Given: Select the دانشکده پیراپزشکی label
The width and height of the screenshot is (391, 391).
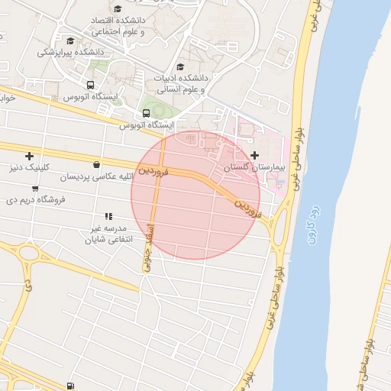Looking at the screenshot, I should (x=71, y=52).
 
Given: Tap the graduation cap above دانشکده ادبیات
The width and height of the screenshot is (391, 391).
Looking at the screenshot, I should (x=180, y=67).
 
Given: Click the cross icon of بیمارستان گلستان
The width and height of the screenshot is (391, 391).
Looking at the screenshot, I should (x=254, y=155).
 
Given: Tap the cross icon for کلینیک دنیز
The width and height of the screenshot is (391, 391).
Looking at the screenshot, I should (x=30, y=156).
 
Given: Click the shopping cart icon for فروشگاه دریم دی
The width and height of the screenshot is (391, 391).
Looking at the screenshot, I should (x=35, y=188).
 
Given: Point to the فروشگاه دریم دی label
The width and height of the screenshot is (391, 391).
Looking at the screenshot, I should (x=36, y=199).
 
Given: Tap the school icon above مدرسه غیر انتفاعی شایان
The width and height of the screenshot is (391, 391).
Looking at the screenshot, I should (x=108, y=216).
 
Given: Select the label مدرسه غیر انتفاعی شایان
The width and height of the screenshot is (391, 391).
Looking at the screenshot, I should (x=108, y=233).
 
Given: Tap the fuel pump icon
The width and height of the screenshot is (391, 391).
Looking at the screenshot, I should (x=71, y=386).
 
